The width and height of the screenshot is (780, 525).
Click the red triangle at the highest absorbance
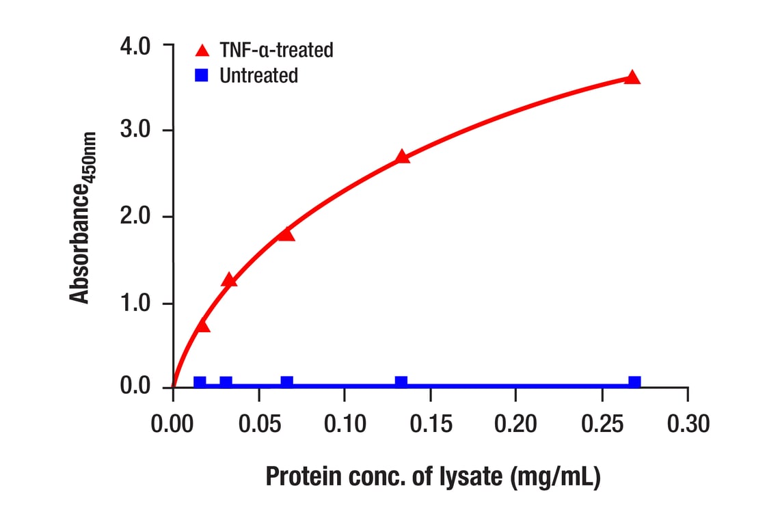pos(632,77)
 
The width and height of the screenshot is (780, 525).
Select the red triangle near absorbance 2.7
pos(402,157)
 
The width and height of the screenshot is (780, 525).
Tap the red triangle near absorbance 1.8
pos(286,234)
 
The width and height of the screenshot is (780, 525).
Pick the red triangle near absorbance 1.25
pos(229,280)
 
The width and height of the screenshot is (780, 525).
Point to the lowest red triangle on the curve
pos(202,325)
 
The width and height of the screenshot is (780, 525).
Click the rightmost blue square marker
pos(634,382)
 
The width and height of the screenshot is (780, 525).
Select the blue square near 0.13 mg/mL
pos(401,382)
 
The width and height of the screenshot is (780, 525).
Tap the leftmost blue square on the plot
pos(200,382)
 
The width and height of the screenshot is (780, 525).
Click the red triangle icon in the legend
pos(201,51)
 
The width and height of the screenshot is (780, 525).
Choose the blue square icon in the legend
pos(201,75)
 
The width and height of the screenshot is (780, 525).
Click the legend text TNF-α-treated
pos(276,50)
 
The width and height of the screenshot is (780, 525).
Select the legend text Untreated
pos(258,75)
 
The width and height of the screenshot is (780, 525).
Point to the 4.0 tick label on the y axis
pos(135,46)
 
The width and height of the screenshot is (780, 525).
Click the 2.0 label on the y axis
pos(135,217)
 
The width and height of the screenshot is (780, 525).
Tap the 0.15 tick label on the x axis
pos(431,424)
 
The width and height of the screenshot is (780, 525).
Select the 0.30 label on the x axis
pos(688,424)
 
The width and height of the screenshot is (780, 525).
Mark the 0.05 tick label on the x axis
pos(259,424)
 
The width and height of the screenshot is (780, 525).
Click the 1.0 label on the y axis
pos(135,304)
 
